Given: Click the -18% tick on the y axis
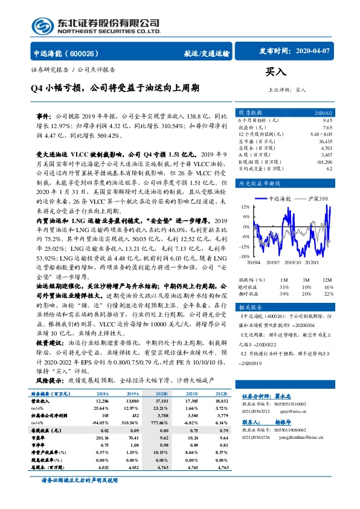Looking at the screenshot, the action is (244, 256).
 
